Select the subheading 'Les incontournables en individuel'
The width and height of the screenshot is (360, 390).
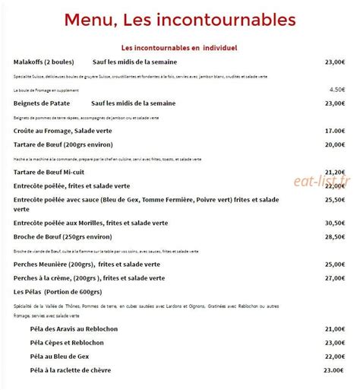pos(179,47)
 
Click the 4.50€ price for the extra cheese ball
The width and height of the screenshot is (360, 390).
pos(338,89)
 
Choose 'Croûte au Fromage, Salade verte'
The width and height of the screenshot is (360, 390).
pos(62,131)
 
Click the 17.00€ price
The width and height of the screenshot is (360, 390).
pos(335,131)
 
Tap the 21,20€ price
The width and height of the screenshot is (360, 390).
pos(335,173)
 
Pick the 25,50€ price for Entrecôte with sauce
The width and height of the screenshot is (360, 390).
pos(335,200)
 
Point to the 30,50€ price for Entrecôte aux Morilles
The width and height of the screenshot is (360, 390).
pos(335,223)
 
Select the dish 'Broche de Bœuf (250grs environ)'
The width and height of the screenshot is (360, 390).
pos(65,236)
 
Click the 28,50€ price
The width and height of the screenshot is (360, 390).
pos(335,236)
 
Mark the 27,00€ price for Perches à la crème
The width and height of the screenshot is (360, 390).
pos(335,278)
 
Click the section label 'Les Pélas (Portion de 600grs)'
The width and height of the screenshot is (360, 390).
pos(58,292)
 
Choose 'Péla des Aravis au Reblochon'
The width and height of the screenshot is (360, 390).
pos(75,328)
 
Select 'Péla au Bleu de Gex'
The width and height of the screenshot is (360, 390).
pos(62,356)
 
